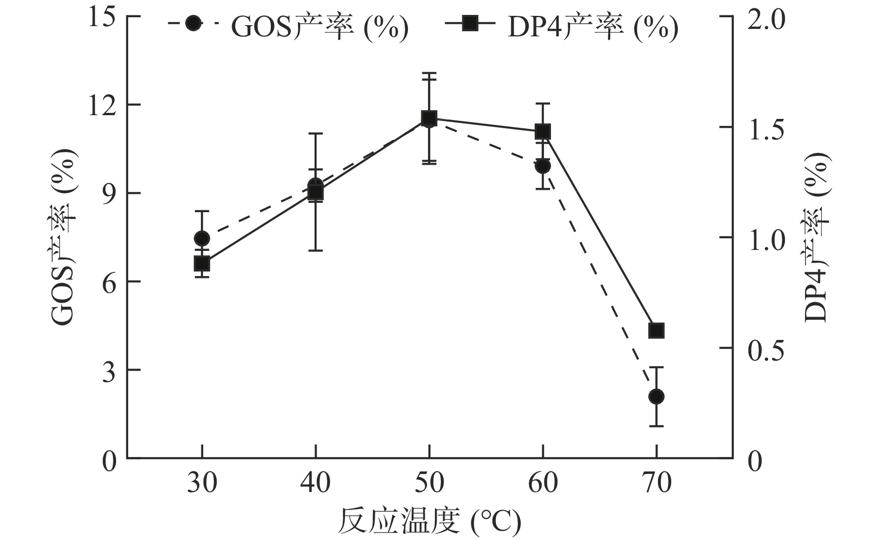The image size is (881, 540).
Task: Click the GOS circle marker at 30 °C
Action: (202, 238)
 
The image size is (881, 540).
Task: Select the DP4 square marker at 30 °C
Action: (202, 264)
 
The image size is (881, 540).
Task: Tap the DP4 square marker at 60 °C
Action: (543, 132)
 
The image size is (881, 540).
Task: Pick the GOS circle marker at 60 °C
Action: (543, 166)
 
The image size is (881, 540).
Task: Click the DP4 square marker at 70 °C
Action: (656, 331)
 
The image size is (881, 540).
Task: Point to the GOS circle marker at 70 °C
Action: (656, 396)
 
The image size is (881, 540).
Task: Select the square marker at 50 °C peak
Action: (429, 118)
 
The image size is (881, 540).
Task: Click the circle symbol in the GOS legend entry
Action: (193, 23)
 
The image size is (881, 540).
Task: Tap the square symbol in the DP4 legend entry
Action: (469, 23)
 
